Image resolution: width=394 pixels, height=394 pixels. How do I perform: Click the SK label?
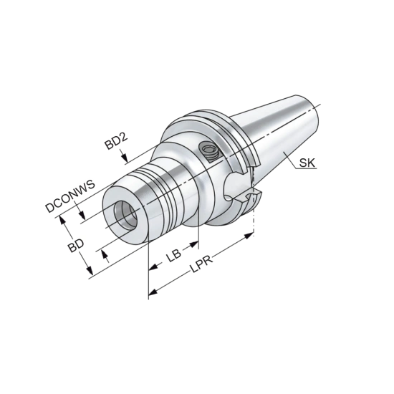coord(307,164)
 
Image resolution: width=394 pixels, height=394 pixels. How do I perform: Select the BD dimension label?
coord(76,247)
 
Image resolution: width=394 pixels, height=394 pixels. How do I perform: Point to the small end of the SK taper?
coord(314,107)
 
